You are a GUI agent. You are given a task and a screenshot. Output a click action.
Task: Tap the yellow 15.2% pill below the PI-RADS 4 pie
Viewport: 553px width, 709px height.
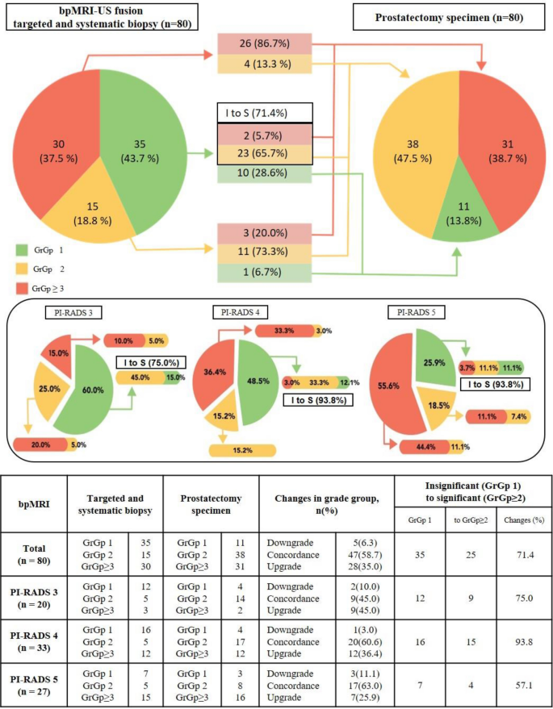[242, 450]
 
